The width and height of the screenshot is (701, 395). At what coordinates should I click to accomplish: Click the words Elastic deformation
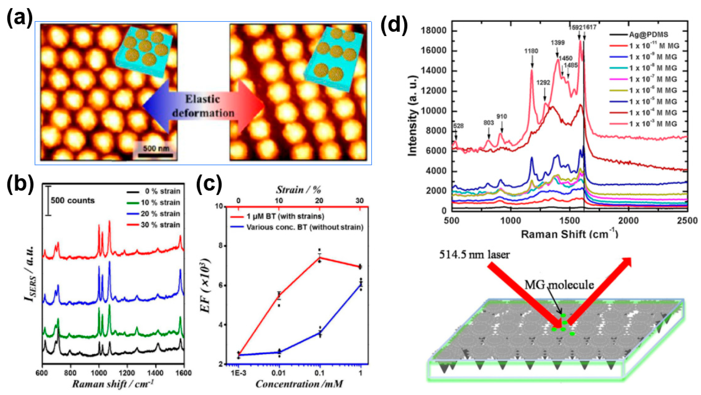tap(203, 106)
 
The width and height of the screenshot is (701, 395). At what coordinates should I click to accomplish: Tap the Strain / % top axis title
tap(299, 190)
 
